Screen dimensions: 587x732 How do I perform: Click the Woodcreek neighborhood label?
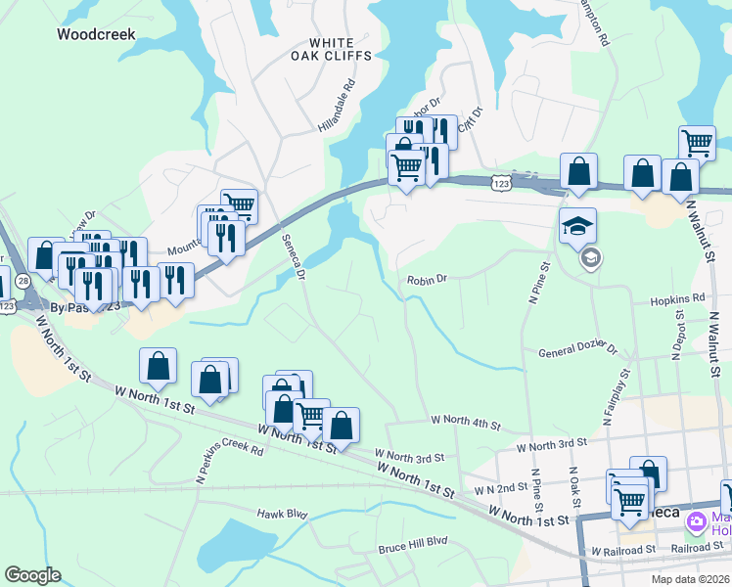[95, 34]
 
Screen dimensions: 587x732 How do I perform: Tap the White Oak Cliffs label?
[340, 49]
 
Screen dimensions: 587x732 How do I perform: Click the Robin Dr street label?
[428, 279]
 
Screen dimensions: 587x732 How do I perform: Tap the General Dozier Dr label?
[578, 349]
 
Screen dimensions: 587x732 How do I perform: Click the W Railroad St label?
[622, 551]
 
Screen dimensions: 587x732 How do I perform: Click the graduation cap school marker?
[577, 224]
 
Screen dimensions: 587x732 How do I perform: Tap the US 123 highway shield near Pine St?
[500, 183]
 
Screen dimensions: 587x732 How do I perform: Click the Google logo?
[31, 575]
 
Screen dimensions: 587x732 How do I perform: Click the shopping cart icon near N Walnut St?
[697, 143]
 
